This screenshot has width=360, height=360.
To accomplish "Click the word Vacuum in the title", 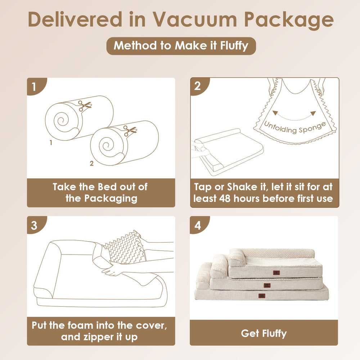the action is [x=195, y=19].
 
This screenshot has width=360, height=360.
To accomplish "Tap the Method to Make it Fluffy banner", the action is [x=181, y=46].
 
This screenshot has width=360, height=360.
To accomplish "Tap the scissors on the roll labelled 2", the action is [x=130, y=131].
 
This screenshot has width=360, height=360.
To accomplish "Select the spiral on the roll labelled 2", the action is [x=107, y=146].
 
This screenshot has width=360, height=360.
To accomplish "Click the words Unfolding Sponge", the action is [x=295, y=128].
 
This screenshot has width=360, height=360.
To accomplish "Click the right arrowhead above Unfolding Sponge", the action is [x=313, y=113].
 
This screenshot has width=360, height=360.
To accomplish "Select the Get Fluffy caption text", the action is [x=264, y=333].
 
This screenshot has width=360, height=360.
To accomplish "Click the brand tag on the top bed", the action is [x=276, y=273].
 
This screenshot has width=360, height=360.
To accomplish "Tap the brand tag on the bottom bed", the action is [x=262, y=296].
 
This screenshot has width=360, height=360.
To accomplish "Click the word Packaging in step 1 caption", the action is [x=111, y=199].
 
